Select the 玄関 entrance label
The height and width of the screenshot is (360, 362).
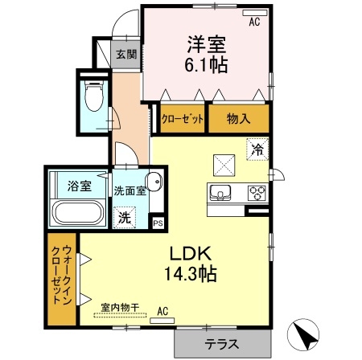coord(125,55)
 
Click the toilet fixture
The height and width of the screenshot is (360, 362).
coord(94,97)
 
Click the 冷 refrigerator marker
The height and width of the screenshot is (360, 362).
coord(257,149)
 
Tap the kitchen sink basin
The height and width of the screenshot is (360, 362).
coord(221,193)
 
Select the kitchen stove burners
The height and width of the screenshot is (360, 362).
coord(257,193)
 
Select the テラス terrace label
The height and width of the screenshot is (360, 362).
coord(220,344)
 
